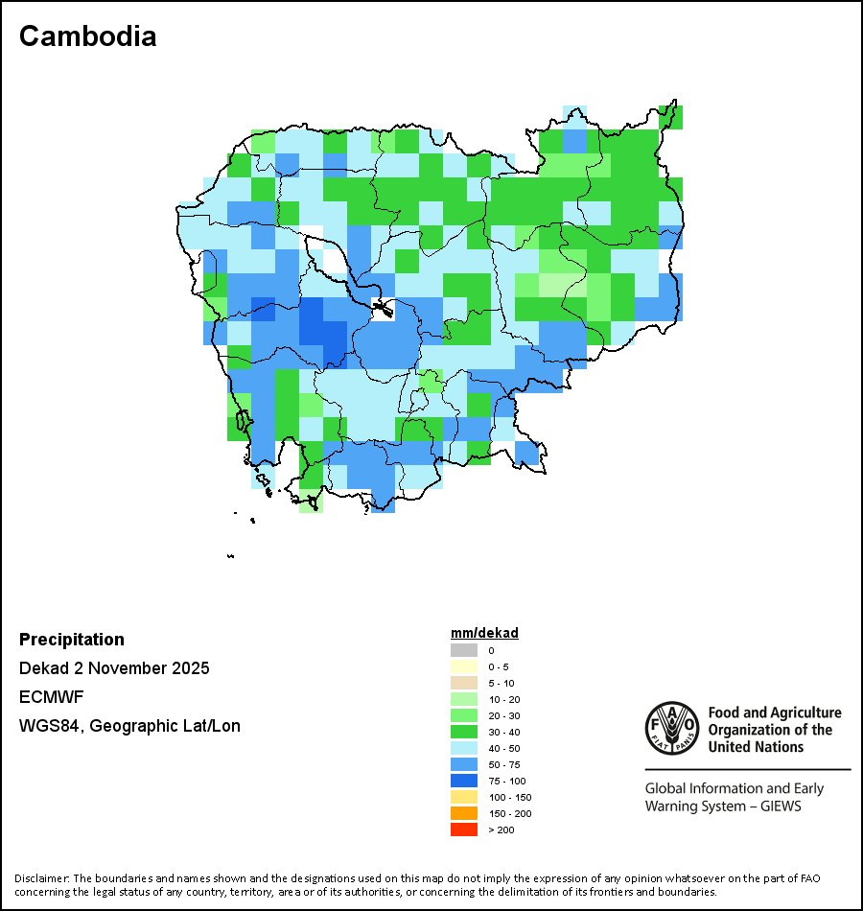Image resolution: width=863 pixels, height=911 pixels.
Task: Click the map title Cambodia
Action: (87, 36)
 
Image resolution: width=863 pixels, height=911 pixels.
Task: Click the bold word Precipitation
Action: (72, 640)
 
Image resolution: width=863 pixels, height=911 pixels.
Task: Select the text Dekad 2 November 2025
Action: (114, 668)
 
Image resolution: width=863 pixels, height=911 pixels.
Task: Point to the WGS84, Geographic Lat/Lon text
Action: (129, 726)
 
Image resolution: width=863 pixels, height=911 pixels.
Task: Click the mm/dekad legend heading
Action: (484, 634)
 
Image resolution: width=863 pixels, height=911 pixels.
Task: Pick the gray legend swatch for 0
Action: (463, 650)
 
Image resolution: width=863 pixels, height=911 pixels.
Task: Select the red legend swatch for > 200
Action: (463, 829)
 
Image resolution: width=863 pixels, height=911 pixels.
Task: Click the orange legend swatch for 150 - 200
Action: (463, 813)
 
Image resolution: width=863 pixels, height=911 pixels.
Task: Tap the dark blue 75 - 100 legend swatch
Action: (463, 781)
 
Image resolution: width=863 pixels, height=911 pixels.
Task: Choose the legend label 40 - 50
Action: (504, 748)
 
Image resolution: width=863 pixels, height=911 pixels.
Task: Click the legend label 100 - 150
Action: (509, 797)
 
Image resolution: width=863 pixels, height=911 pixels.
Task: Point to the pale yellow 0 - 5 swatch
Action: (463, 666)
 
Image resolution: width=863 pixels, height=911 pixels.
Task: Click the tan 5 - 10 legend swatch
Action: (463, 683)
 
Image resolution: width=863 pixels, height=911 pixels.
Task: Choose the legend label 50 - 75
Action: (504, 764)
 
